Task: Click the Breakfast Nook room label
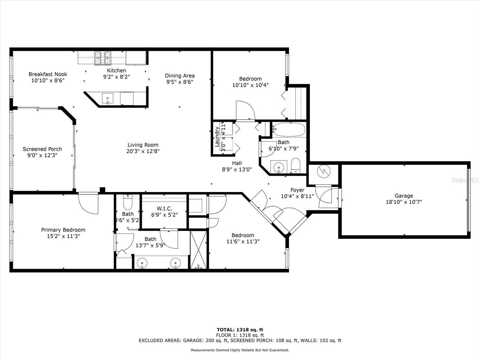pyautogui.click(x=48, y=74)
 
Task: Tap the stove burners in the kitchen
pyautogui.click(x=103, y=58)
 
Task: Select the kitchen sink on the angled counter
pyautogui.click(x=107, y=98)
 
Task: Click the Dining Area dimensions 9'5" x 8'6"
pyautogui.click(x=180, y=82)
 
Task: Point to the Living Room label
pyautogui.click(x=143, y=145)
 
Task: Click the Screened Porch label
pyautogui.click(x=42, y=149)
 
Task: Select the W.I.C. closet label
pyautogui.click(x=164, y=208)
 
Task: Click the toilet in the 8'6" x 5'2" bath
pyautogui.click(x=128, y=202)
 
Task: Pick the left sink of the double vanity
pyautogui.click(x=142, y=263)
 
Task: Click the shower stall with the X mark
pyautogui.click(x=199, y=249)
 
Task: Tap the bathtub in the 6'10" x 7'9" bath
pyautogui.click(x=289, y=130)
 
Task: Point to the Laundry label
pyautogui.click(x=217, y=137)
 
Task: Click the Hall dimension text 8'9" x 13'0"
pyautogui.click(x=237, y=169)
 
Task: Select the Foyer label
pyautogui.click(x=297, y=190)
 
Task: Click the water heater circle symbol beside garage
pyautogui.click(x=324, y=171)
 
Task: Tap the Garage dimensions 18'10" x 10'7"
pyautogui.click(x=404, y=202)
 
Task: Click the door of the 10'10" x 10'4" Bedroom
pyautogui.click(x=245, y=111)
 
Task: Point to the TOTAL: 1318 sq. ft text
pyautogui.click(x=240, y=330)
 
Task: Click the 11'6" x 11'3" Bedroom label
pyautogui.click(x=243, y=235)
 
